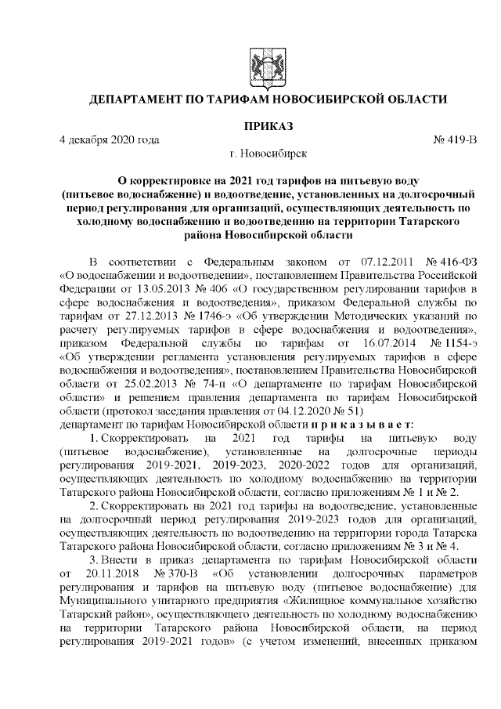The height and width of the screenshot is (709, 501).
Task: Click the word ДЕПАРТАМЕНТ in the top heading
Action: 135,99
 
